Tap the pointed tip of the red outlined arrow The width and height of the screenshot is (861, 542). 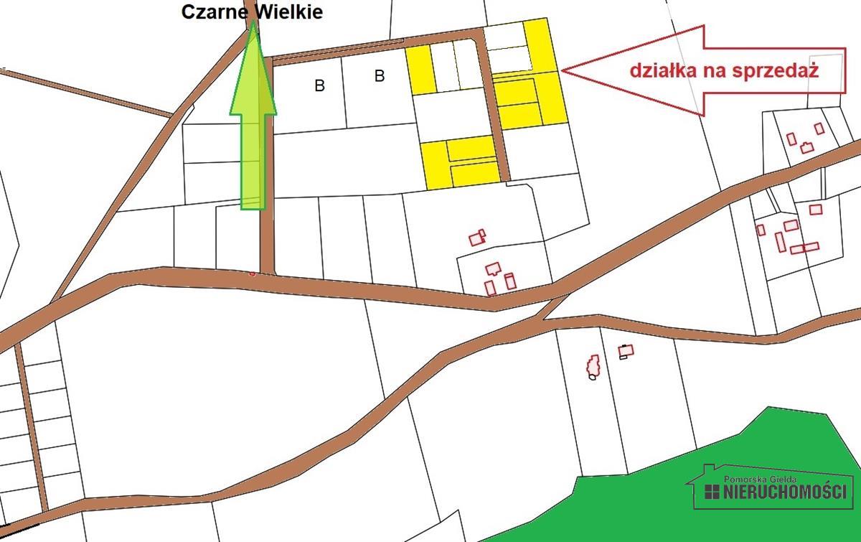[x=564, y=70]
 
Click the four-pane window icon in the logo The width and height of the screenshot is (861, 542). [x=712, y=492]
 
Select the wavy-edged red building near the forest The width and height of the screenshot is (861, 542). [x=593, y=365]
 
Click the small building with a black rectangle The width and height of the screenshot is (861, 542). [x=626, y=351]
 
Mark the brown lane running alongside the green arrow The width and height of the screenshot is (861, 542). [x=267, y=165]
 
